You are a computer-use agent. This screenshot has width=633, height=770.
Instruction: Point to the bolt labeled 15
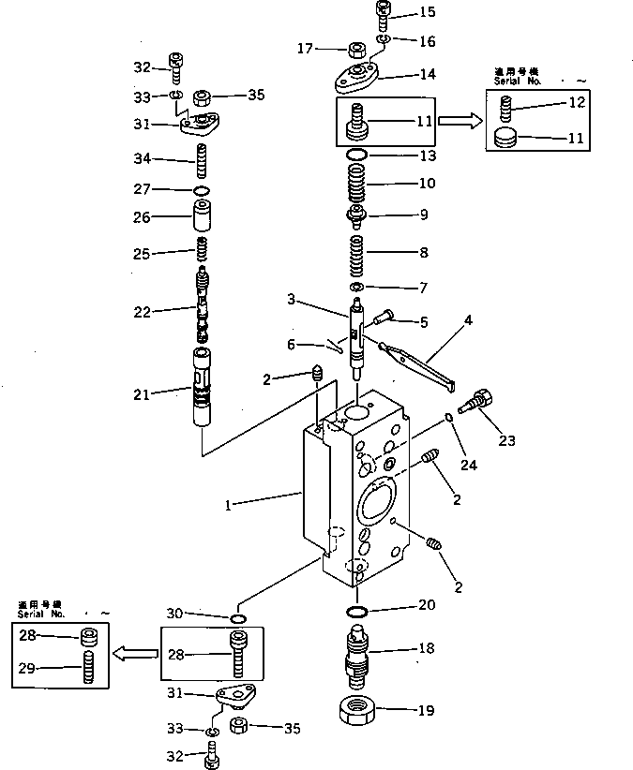coord(384,14)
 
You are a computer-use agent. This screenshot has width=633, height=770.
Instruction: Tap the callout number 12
coord(577,101)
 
